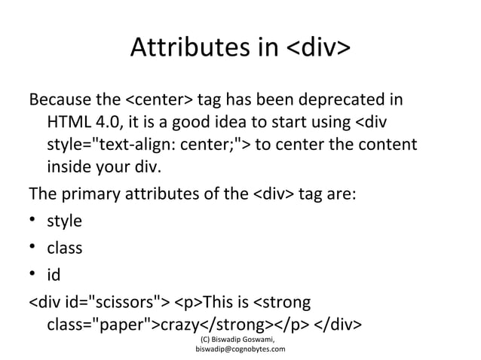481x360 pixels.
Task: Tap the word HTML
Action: [x=67, y=122]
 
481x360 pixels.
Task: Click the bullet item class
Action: [x=65, y=248]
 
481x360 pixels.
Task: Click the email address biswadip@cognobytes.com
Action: [x=240, y=350]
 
